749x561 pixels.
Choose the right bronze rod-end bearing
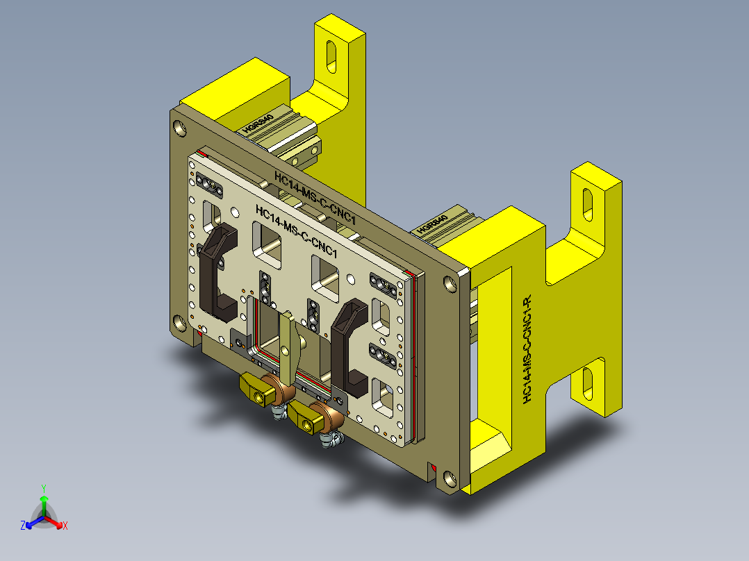[x=331, y=417]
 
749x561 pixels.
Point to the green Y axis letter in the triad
[x=43, y=488]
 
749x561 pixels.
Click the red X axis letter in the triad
[x=65, y=526]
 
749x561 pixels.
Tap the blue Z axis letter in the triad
[x=23, y=526]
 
